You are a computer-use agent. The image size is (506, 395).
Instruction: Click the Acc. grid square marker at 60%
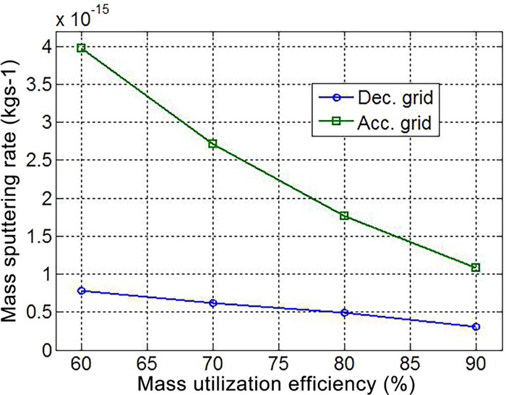82,48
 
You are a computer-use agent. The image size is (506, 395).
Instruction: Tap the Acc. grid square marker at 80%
345,216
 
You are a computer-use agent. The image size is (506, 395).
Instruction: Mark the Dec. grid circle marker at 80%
345,313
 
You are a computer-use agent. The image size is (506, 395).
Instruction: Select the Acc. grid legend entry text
393,123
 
